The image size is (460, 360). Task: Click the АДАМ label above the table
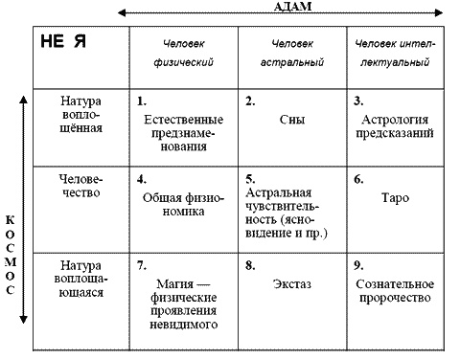coord(287,6)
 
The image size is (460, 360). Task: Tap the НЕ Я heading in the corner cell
coord(62,43)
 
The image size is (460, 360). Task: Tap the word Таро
coord(400,196)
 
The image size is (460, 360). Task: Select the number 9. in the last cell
coord(357,263)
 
